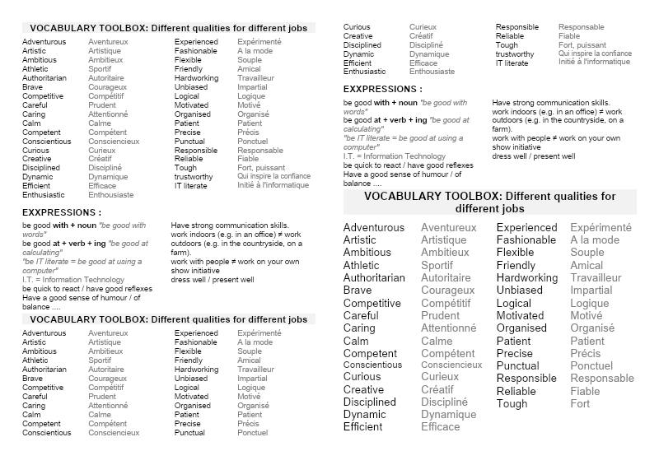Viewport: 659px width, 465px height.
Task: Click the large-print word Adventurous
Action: (x=373, y=228)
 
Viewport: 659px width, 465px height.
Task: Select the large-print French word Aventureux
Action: (x=448, y=228)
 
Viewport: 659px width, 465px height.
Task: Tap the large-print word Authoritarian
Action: (x=374, y=278)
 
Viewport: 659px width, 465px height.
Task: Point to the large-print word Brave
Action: (x=358, y=291)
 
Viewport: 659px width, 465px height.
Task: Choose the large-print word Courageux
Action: (x=447, y=291)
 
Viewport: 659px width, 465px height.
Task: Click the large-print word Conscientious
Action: (x=373, y=365)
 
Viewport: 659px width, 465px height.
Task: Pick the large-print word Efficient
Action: (x=362, y=427)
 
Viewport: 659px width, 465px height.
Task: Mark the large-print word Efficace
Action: (x=440, y=427)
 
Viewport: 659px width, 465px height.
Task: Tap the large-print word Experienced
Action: (x=526, y=228)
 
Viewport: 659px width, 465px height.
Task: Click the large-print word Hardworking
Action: (x=526, y=278)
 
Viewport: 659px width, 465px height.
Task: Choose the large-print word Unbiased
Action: (x=519, y=291)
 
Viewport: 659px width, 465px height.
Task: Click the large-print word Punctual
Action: (x=517, y=365)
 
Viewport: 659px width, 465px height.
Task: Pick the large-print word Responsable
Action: (x=602, y=379)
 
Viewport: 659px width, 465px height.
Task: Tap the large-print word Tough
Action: (x=512, y=404)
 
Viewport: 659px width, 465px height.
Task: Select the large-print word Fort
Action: (x=580, y=404)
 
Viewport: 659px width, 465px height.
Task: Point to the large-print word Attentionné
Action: (x=448, y=328)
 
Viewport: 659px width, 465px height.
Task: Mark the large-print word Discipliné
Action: (x=444, y=402)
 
